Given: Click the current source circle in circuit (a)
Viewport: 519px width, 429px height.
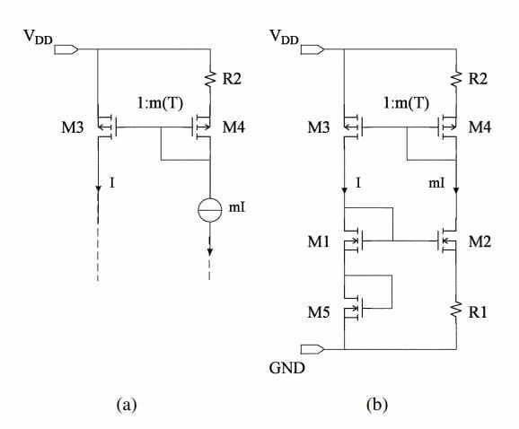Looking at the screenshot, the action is pos(210,210).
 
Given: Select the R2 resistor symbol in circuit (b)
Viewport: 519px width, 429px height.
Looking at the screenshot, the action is pos(456,78).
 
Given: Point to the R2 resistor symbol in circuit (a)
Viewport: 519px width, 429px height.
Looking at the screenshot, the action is pos(210,78).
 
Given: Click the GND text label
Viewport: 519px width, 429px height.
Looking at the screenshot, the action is pos(286,368).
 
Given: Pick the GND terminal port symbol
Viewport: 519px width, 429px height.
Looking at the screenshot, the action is pos(312,349).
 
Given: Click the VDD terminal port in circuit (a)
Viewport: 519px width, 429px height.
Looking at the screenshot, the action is pos(66,49).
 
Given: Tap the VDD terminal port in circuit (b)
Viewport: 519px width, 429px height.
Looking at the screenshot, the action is pos(312,49).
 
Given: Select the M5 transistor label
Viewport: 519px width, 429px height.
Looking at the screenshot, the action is pos(319,312).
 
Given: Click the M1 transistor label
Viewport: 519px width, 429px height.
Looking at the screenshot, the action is pos(319,241).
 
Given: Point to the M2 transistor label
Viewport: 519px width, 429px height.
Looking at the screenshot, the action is pos(479,241).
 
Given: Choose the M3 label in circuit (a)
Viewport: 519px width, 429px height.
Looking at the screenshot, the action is pos(73,127).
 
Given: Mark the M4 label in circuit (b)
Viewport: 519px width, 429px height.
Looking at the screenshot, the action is pos(479,127).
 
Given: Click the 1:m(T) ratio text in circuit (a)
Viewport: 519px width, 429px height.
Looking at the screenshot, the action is pos(160,103).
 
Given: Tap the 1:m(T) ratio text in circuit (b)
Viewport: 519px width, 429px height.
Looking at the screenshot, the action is pos(407,103).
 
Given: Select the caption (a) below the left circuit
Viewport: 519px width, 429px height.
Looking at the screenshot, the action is pos(127,405).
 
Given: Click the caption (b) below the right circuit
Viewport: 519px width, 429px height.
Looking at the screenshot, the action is pos(377,405).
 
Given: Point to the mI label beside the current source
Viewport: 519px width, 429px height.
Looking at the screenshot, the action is pos(237,207).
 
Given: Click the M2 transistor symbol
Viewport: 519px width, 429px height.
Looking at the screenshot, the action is pos(447,241).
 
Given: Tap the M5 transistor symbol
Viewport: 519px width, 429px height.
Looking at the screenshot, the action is pos(354,308).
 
